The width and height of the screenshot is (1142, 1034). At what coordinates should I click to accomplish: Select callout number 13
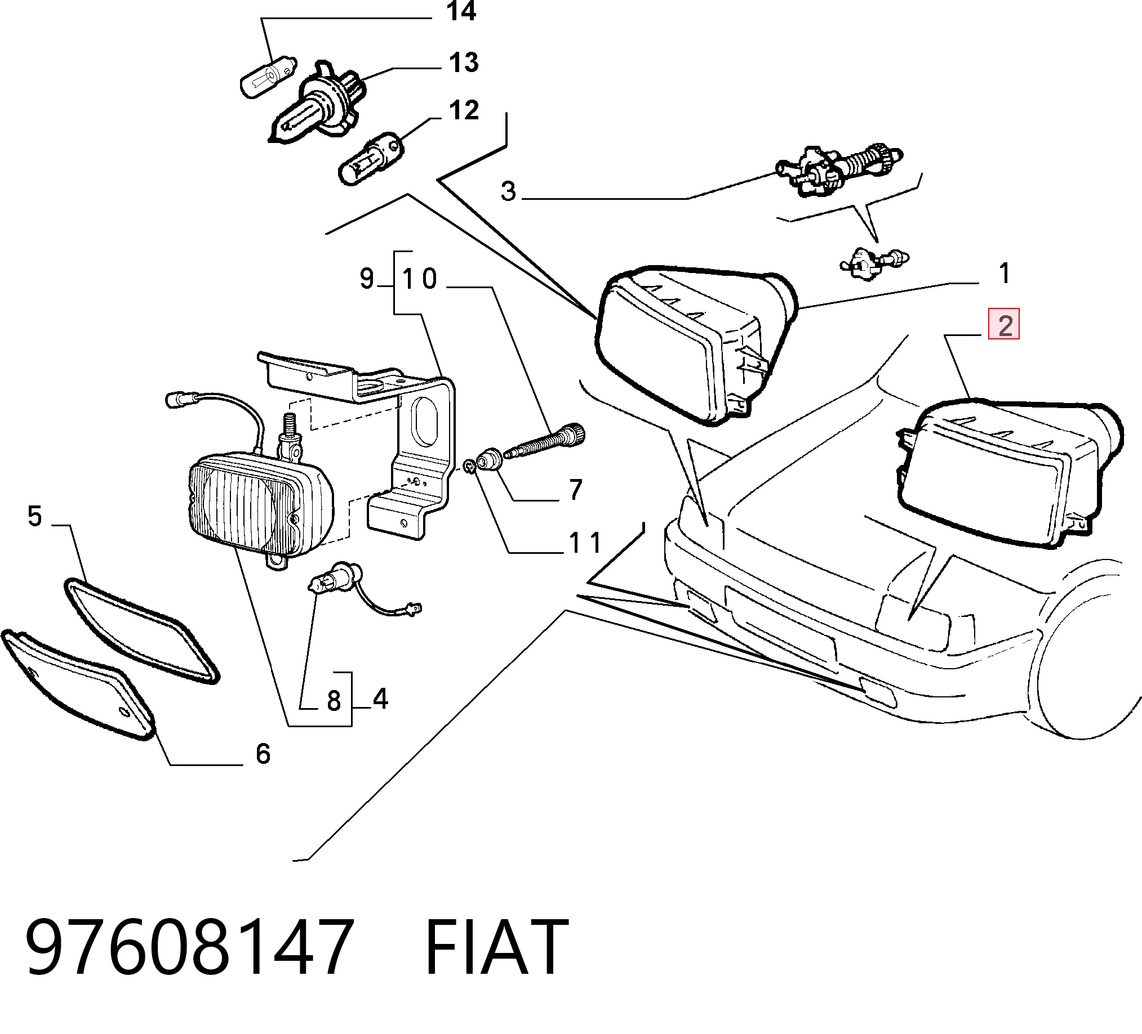point(464,62)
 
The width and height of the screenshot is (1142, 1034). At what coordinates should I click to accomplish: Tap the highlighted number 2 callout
point(1004,324)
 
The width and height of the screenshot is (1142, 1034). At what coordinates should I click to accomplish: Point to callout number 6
point(263,754)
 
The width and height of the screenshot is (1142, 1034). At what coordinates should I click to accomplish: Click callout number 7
point(576,490)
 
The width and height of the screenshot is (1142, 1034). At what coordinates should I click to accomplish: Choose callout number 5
point(35,517)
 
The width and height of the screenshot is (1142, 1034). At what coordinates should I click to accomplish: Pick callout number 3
point(509,191)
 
